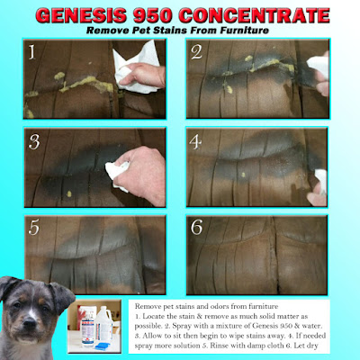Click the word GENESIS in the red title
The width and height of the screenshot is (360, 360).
point(82,15)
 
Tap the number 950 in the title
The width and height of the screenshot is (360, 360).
point(153,15)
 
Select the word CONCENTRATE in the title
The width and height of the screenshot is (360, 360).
point(255,15)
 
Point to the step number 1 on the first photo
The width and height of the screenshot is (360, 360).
point(32,52)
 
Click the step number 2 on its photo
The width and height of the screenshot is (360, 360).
point(197,52)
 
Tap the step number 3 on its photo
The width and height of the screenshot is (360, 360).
point(34,141)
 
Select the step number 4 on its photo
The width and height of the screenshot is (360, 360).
point(195,141)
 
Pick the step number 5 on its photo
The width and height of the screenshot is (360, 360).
point(33,228)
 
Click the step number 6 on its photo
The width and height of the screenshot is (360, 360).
point(197,227)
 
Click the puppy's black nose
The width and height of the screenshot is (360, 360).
point(30,323)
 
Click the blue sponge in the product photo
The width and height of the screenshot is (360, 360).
point(103,346)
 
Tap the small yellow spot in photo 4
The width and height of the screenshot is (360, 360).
point(243,175)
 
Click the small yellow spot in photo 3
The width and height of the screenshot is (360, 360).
point(69,193)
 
